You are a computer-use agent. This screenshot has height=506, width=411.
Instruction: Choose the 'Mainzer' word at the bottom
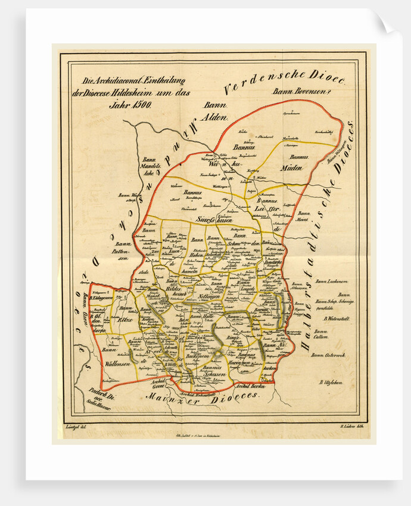click(173, 396)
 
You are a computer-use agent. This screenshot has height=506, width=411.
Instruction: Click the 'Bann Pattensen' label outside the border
click(123, 248)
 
